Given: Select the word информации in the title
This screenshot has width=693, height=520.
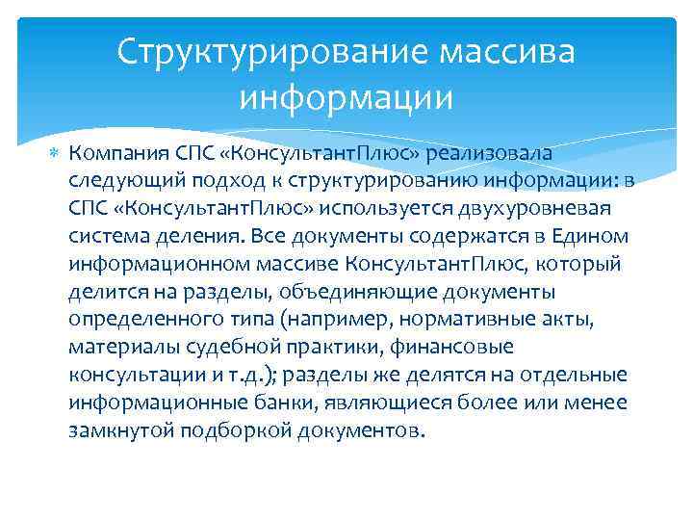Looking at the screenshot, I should (x=346, y=97).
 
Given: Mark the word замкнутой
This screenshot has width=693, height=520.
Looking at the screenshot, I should (x=119, y=429).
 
